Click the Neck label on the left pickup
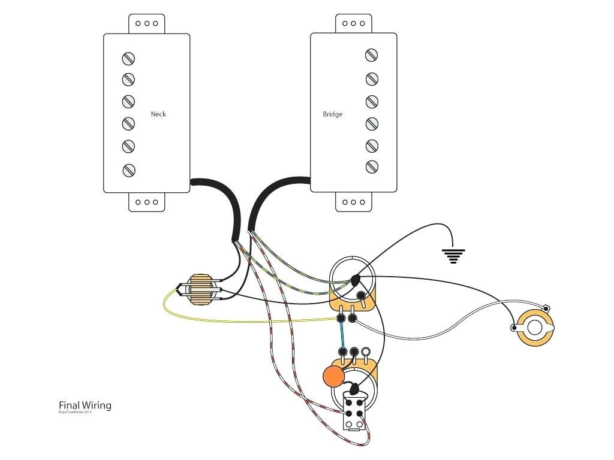158,114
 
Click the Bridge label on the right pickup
332,114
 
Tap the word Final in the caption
69,405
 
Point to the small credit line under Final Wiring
75,413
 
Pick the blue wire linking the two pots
342,335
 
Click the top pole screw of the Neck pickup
128,59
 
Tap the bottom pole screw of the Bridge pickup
371,166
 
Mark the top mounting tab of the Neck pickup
146,23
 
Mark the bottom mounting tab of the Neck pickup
146,202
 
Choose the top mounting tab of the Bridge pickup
353,23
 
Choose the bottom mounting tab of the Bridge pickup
353,202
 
